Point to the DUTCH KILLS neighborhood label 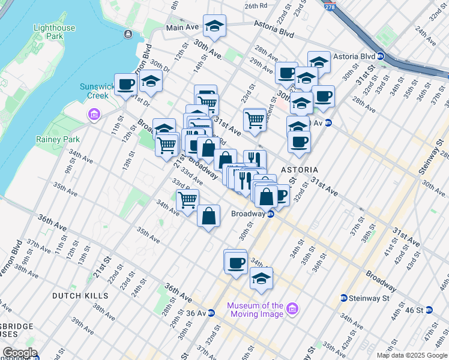[80, 296]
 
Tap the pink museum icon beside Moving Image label [292, 309]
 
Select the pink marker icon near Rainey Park [93, 114]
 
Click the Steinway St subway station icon [344, 298]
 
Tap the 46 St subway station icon [429, 310]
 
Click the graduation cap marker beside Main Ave [214, 26]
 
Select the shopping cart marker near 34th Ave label [188, 199]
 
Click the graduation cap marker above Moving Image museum [261, 278]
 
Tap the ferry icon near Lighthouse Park [128, 34]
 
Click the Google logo [19, 353]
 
